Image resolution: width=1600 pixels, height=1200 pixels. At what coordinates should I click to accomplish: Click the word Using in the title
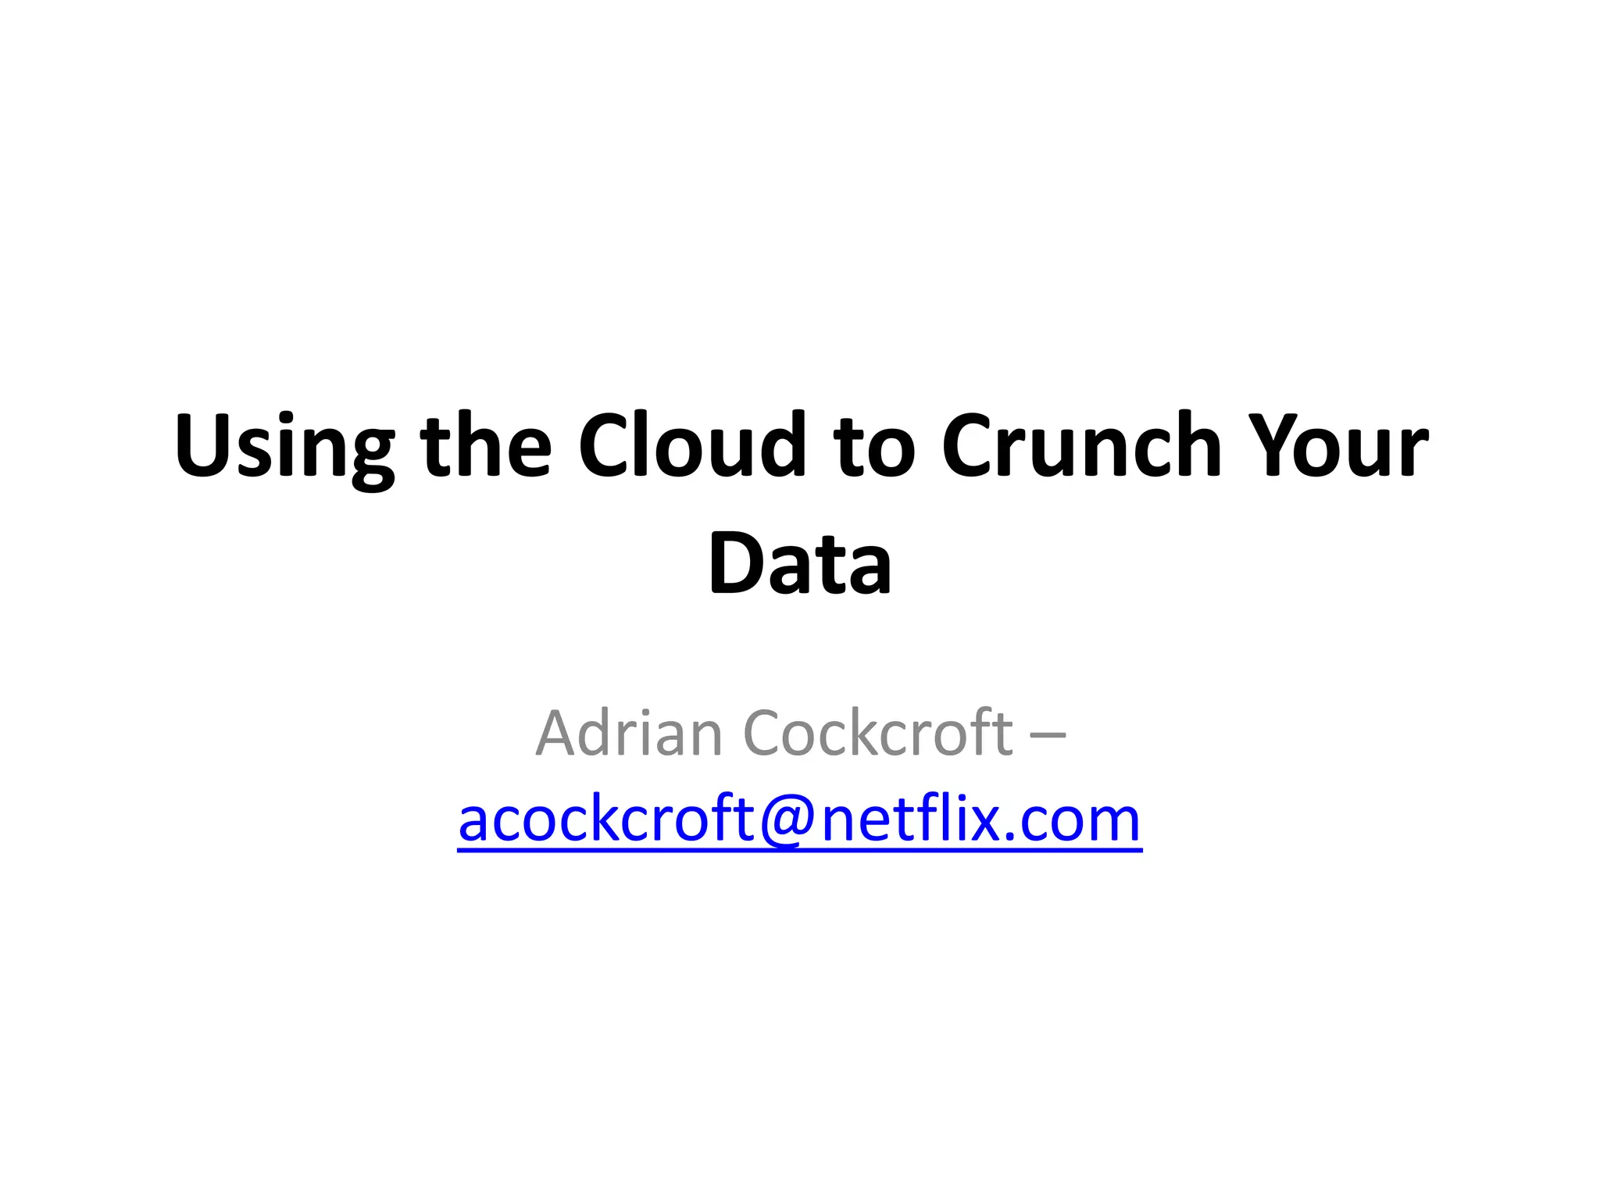[x=284, y=446]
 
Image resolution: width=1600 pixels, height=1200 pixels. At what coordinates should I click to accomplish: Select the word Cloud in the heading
[x=691, y=446]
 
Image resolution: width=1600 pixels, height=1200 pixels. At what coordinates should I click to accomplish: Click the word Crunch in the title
[x=1081, y=446]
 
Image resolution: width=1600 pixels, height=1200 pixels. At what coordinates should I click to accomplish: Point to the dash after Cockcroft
[x=1048, y=734]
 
